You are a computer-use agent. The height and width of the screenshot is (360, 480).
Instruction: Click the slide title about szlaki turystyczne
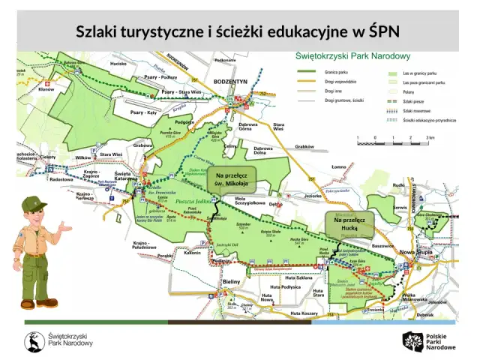point(240,31)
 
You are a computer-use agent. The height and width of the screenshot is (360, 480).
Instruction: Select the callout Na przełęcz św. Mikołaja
point(231,178)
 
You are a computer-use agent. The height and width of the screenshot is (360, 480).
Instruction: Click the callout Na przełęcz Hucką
point(349,223)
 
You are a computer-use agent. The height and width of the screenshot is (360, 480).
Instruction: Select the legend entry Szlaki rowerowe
point(416,110)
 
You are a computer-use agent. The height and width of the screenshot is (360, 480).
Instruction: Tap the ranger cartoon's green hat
point(34,204)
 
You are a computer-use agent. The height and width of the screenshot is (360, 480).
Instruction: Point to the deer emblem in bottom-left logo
point(34,343)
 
